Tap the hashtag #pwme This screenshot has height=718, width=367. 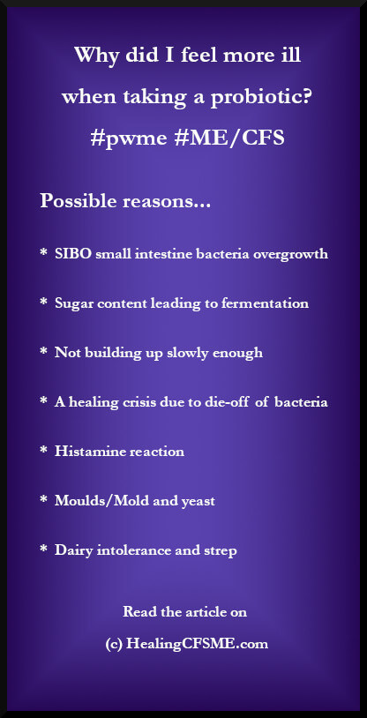click(128, 138)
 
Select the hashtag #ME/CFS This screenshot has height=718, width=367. click(229, 138)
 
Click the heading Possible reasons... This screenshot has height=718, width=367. click(125, 201)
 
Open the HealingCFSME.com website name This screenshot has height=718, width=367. click(198, 644)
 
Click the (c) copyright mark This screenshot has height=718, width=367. click(114, 645)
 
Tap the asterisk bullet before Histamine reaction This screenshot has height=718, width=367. click(43, 451)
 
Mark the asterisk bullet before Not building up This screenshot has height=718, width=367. click(43, 352)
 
